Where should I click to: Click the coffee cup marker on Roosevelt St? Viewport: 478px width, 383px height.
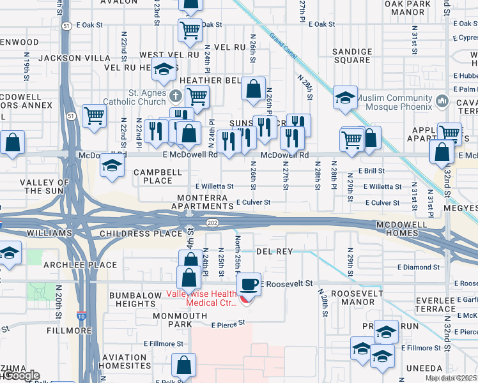click(x=249, y=284)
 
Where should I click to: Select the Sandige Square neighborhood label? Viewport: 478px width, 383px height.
click(x=351, y=56)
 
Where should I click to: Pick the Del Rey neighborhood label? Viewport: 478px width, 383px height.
click(x=274, y=252)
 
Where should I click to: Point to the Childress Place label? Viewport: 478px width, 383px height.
click(x=141, y=234)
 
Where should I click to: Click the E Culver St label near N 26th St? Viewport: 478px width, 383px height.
click(x=254, y=202)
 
